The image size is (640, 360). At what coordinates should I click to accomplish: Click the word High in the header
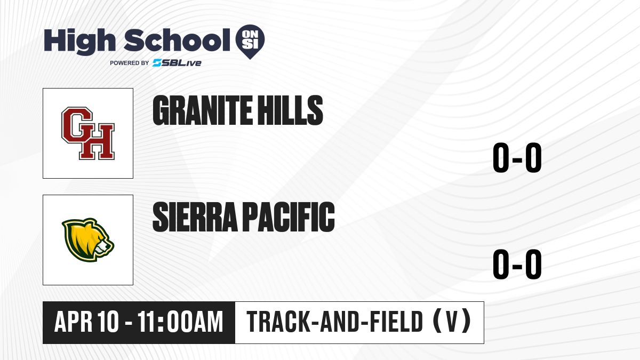point(79,41)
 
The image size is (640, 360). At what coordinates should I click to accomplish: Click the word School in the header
point(177,40)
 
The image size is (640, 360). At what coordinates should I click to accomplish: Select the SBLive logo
point(177,63)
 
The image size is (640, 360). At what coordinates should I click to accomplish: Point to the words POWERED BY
point(130,63)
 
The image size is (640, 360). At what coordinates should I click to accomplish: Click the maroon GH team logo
point(88,133)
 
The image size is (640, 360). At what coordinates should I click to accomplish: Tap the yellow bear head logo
point(88,240)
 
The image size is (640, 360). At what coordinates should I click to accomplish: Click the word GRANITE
point(203,110)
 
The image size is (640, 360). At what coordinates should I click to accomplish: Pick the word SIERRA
point(195,217)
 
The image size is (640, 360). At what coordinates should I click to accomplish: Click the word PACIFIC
point(289,217)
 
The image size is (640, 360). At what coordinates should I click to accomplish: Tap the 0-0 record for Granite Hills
point(517,158)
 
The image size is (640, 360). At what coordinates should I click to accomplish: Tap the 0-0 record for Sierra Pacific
point(517,264)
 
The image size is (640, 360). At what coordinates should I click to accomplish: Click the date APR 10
point(86,322)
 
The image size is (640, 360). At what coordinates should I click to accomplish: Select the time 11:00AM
point(180,322)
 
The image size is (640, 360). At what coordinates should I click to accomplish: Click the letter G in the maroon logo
point(77,125)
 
